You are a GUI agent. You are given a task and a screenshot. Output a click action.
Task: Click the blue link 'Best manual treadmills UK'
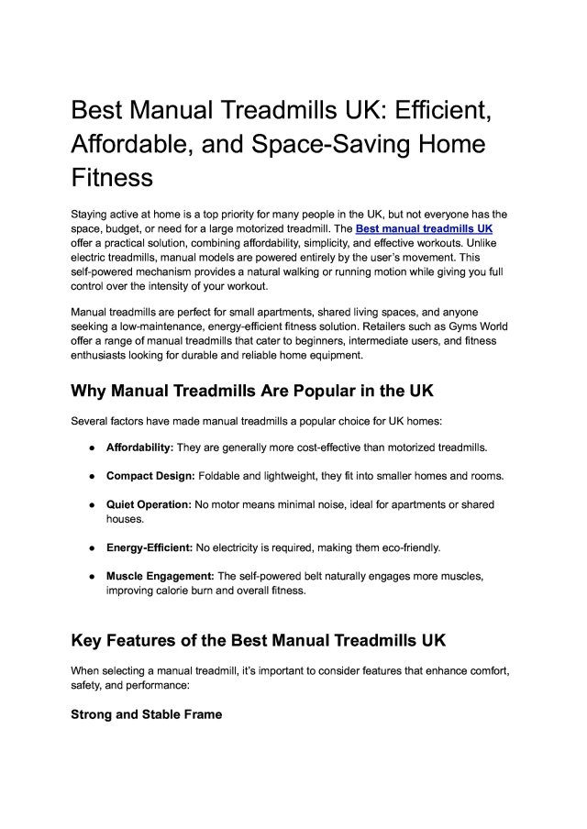[425, 228]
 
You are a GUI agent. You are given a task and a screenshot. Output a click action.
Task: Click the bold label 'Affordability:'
[139, 448]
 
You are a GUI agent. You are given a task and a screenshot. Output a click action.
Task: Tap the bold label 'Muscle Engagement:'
[160, 576]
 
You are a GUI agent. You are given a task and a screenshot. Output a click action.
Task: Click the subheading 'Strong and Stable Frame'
[146, 713]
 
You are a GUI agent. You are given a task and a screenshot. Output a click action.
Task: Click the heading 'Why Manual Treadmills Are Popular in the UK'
[252, 390]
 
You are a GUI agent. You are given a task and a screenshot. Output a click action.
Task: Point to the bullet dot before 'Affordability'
[93, 448]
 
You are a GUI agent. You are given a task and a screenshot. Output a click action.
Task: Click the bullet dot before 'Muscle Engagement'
[93, 576]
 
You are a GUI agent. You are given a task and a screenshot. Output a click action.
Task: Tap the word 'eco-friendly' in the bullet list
[405, 547]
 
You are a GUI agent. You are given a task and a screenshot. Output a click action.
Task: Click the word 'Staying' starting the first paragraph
[92, 214]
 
